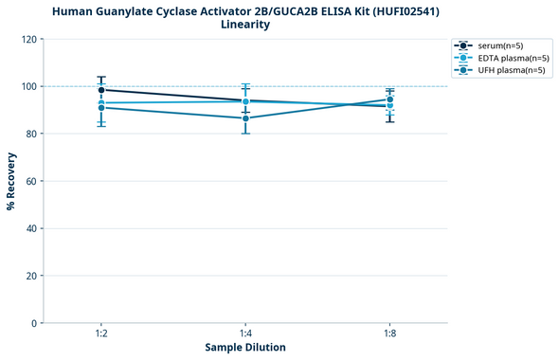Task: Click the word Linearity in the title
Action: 245,25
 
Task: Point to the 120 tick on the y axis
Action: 28,39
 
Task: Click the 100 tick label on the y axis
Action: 28,86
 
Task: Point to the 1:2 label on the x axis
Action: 101,333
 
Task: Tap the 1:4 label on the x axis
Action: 245,333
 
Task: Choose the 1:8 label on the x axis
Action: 389,333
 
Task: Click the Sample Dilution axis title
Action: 245,348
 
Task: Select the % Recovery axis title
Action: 11,181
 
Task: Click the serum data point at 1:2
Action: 101,90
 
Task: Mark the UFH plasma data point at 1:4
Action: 245,118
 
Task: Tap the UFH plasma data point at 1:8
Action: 389,99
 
